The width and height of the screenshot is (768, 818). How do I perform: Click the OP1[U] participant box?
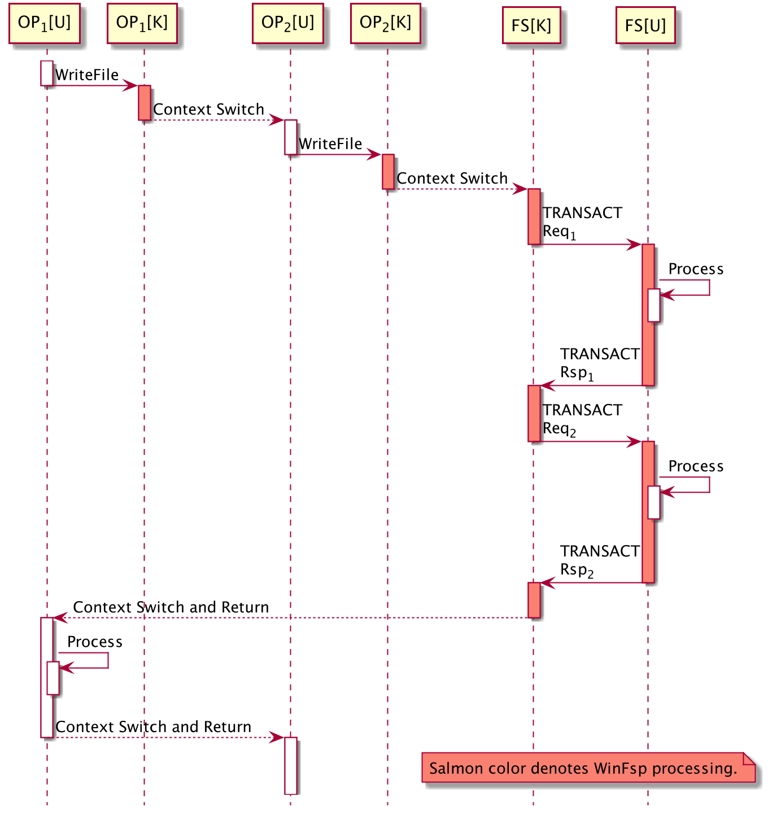click(45, 23)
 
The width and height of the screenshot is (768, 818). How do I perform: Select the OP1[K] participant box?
click(142, 23)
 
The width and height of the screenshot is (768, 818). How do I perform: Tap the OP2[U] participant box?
click(287, 23)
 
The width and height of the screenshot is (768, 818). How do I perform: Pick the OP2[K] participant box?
click(385, 23)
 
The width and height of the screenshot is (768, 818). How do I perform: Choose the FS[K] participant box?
click(531, 25)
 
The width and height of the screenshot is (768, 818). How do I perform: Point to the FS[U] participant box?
click(645, 25)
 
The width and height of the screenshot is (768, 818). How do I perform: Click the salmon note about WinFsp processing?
click(588, 768)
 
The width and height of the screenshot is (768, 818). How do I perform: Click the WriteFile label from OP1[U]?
click(87, 75)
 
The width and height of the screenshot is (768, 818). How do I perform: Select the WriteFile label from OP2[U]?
click(330, 144)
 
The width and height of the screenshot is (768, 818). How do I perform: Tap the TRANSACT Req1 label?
click(582, 222)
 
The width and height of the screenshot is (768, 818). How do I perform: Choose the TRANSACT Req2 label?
click(582, 419)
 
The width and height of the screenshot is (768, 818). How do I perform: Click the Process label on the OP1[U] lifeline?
click(95, 642)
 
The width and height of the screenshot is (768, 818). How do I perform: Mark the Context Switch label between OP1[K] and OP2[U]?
click(208, 110)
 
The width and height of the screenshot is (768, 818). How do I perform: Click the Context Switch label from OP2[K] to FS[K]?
click(452, 179)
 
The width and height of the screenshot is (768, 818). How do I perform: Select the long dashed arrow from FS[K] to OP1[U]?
click(294, 618)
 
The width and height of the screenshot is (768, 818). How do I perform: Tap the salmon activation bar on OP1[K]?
click(145, 102)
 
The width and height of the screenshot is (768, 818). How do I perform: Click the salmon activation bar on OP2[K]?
click(388, 171)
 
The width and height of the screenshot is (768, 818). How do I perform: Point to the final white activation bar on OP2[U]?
click(290, 765)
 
